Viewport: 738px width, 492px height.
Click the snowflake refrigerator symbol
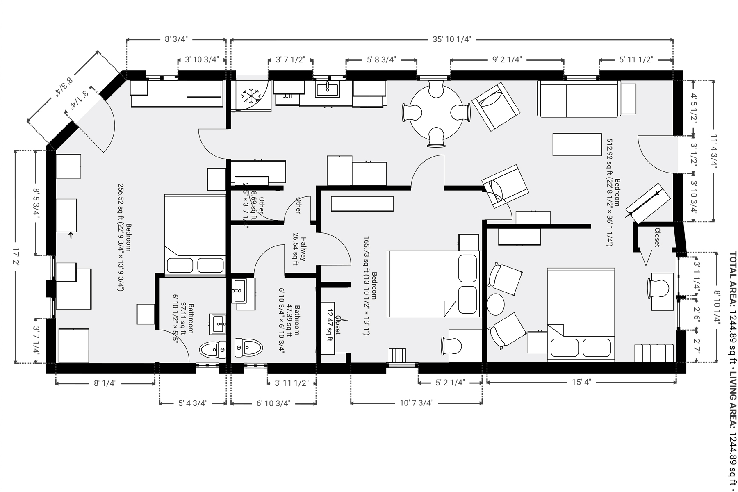[251, 96]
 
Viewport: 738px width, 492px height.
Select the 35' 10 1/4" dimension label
[452, 39]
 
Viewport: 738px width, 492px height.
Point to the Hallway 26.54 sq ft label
[300, 251]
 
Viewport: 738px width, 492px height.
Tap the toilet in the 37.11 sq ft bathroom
[213, 350]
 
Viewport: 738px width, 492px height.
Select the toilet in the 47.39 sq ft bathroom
[248, 348]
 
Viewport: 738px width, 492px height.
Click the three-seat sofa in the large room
[578, 99]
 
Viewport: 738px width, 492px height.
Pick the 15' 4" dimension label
[581, 383]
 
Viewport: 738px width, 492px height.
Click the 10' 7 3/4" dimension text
[416, 403]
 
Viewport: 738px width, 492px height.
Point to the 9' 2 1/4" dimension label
[507, 59]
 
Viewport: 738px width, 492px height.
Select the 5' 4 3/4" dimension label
[193, 403]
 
